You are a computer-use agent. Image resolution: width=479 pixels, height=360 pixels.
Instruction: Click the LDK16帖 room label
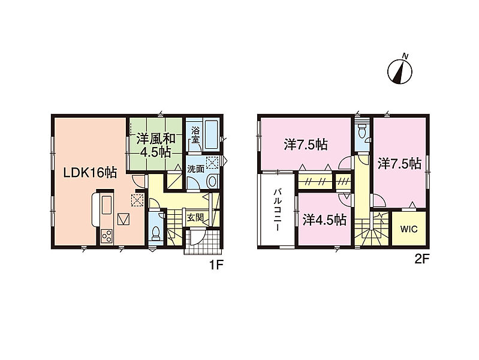coord(90,173)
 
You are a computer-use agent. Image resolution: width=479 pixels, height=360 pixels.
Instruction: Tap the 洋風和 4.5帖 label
coord(155,145)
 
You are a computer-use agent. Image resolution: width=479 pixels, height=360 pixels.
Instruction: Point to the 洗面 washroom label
coord(195,169)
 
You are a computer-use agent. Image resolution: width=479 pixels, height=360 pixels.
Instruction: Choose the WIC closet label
coord(409,229)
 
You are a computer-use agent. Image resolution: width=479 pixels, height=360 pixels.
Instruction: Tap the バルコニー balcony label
coord(278,211)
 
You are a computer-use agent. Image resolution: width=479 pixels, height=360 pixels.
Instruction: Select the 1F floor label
coord(216,265)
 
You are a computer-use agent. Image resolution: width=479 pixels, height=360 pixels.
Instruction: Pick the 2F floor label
coord(422,260)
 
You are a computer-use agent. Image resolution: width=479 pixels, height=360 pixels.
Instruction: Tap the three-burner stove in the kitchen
coord(107,236)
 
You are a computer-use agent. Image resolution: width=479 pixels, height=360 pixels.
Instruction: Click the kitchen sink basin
coord(107,205)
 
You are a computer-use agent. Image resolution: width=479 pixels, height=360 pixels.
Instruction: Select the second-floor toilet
coord(362,131)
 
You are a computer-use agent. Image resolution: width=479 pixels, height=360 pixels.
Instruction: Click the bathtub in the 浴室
coord(211,135)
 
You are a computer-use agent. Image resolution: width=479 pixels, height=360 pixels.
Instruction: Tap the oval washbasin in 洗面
coord(212,181)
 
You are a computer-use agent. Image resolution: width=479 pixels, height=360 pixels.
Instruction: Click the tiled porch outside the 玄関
coord(202,242)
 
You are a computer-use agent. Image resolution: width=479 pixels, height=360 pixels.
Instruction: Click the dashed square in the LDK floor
coord(137,200)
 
